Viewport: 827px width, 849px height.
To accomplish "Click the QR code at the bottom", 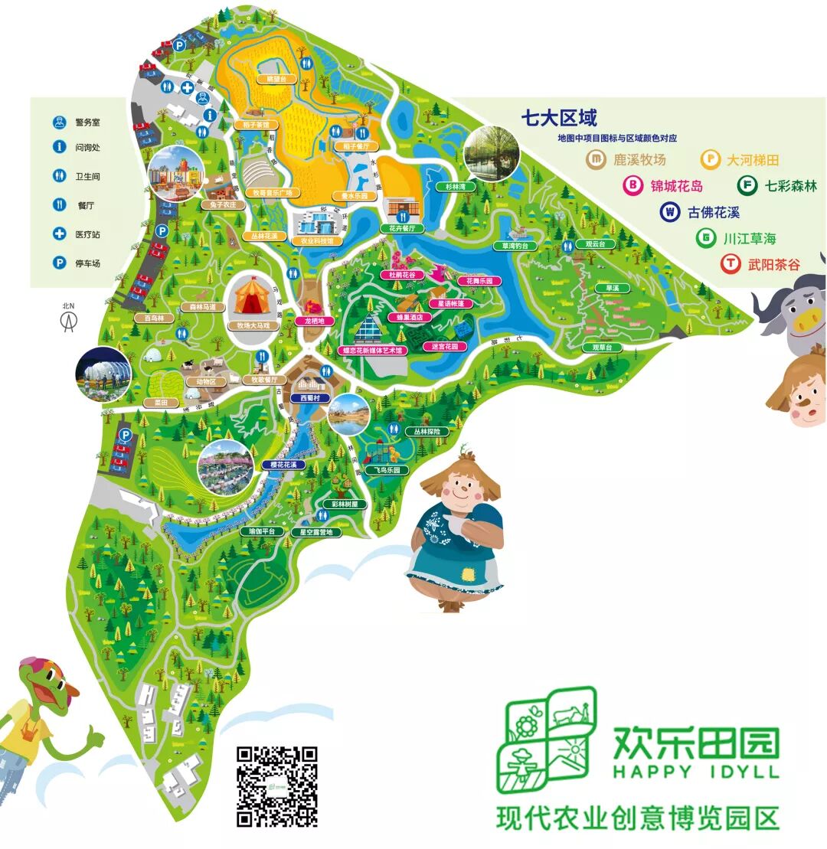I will [x=276, y=787].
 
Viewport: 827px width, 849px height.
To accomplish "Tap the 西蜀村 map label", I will [x=310, y=398].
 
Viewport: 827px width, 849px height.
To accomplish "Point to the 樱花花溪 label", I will [x=283, y=465].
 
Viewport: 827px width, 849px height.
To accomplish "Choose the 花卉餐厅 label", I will [x=401, y=228].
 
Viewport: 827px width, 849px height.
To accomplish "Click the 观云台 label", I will [x=595, y=244].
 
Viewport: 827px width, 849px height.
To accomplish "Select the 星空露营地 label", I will [x=315, y=531].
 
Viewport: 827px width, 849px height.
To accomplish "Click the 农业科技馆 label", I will [x=315, y=240].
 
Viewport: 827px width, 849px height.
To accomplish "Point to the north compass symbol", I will [x=69, y=319].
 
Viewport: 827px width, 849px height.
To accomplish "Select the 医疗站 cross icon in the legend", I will [x=59, y=234].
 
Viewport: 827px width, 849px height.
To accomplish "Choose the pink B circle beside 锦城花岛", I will [x=633, y=185].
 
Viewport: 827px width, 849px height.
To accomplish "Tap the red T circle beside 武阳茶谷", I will [x=731, y=264].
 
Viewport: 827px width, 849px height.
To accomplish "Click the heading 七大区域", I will [x=558, y=118].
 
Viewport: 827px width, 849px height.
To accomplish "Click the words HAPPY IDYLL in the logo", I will [x=695, y=772].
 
